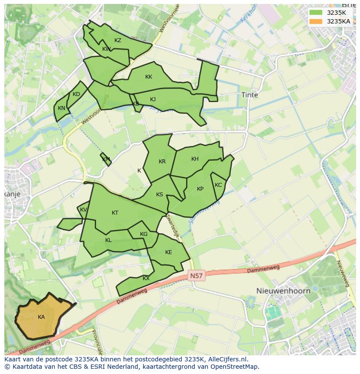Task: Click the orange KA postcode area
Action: point(41,317)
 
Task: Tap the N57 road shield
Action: point(197,275)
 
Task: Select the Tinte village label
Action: point(250,95)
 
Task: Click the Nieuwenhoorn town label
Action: point(283,291)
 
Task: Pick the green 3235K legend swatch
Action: point(316,13)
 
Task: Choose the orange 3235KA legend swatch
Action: point(316,21)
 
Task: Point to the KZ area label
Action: point(118,40)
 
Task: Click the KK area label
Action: point(149,77)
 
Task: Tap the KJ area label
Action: point(153,99)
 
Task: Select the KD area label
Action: point(76,94)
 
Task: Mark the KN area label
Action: point(61,108)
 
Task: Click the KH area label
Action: point(195,159)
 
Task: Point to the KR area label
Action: point(162,162)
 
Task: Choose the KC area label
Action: point(218,185)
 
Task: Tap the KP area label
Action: point(200,189)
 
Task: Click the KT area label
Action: point(115,213)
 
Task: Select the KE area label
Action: point(168,252)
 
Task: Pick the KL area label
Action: point(108,240)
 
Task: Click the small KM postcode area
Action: point(106,159)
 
